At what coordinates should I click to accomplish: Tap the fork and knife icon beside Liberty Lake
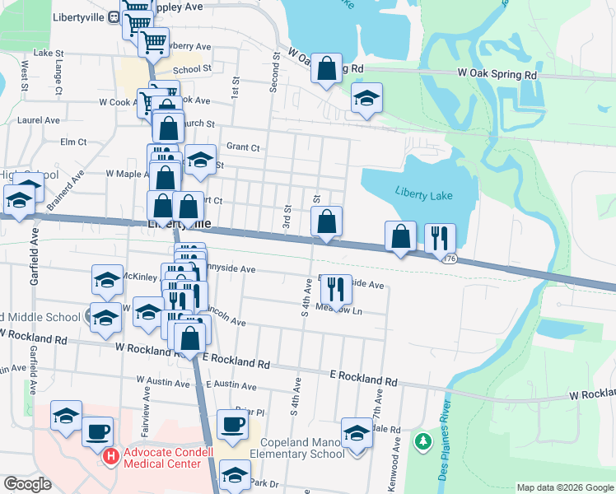(x=440, y=237)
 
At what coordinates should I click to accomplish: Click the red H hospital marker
(x=110, y=454)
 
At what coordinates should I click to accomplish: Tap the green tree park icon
(x=422, y=442)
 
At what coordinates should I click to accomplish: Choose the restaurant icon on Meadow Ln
(x=335, y=288)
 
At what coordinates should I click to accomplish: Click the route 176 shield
(x=449, y=259)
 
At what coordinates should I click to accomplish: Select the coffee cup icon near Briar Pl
(x=233, y=424)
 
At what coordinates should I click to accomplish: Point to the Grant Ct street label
(x=243, y=147)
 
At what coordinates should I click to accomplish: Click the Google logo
(x=27, y=484)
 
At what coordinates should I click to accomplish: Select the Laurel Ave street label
(x=38, y=119)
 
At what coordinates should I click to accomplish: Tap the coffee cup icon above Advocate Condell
(x=98, y=431)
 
